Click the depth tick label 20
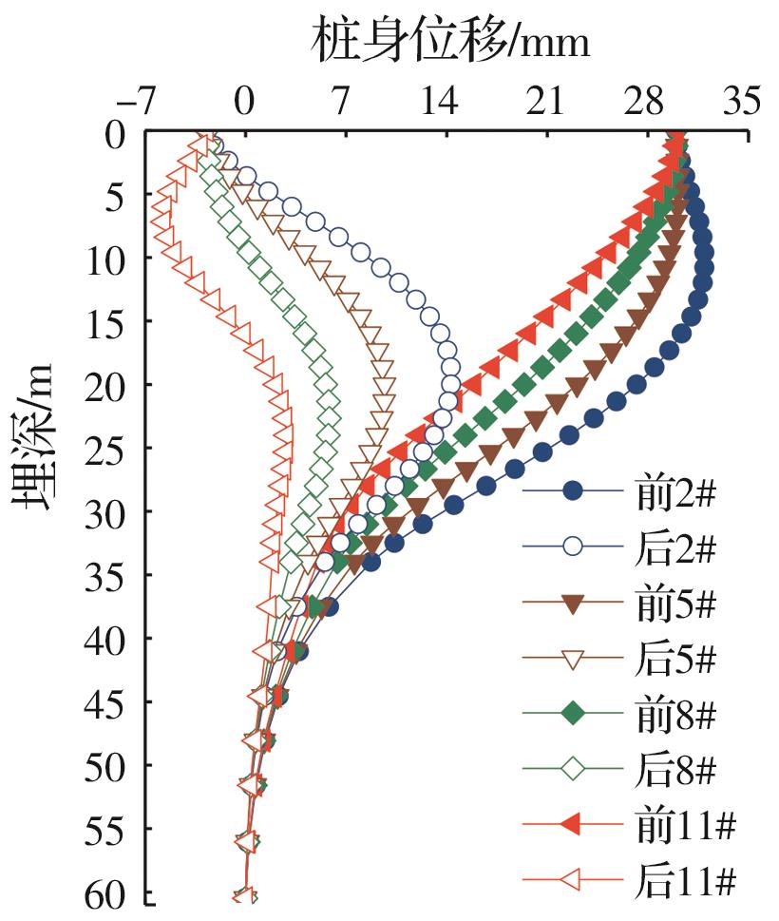(110, 385)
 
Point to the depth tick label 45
(110, 701)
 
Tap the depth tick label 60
(110, 896)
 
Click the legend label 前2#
(676, 491)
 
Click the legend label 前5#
(676, 604)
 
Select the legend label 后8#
(676, 771)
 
